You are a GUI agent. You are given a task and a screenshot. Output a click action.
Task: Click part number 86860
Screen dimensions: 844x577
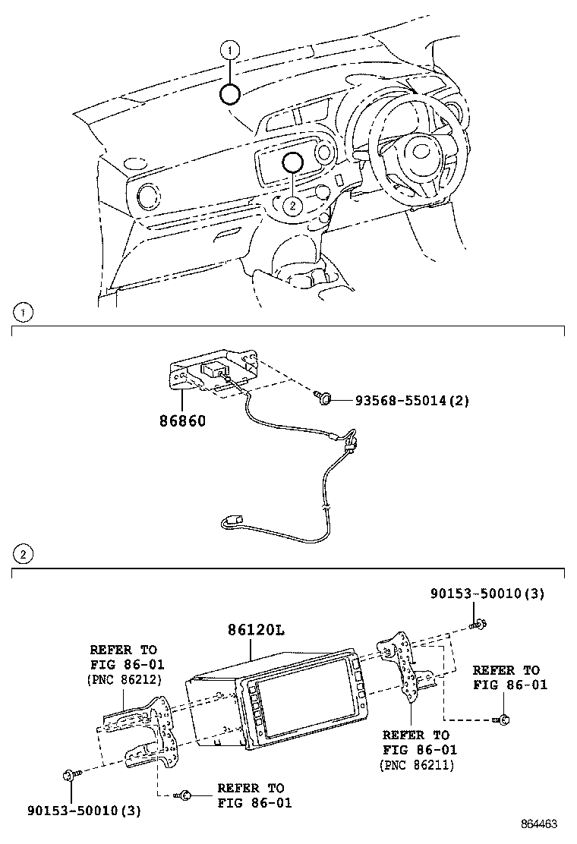[x=182, y=420]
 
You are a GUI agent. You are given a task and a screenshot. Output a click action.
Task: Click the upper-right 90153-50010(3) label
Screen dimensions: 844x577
[x=486, y=594]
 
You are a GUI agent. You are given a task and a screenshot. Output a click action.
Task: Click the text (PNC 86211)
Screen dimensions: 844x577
[x=416, y=765]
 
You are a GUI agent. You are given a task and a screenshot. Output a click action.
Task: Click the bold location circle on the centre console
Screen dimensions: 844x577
[x=293, y=162]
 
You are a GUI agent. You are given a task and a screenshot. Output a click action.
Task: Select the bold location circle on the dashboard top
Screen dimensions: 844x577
[x=230, y=94]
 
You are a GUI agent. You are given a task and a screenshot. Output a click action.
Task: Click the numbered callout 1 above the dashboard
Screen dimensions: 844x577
[x=230, y=51]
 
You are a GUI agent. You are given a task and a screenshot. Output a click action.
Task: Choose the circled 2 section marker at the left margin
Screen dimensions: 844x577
[x=24, y=555]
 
